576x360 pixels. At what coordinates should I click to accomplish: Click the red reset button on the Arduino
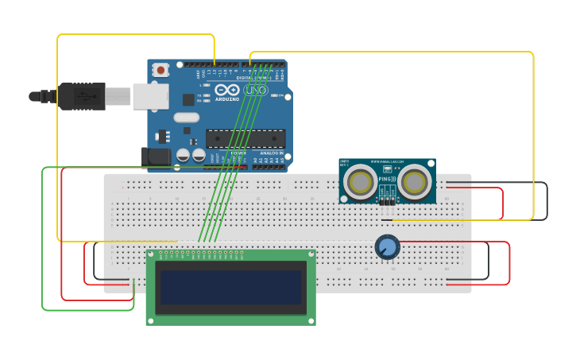coord(161,70)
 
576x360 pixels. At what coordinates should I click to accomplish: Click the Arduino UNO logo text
coord(242,91)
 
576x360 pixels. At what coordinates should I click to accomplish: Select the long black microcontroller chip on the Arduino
coord(245,138)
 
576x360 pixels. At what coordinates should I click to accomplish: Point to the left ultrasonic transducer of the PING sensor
coord(360,182)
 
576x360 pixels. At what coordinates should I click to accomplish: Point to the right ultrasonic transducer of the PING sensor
coord(414,182)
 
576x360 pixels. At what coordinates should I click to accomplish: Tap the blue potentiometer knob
coord(387,247)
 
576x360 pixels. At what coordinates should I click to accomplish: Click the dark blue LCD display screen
coord(230,288)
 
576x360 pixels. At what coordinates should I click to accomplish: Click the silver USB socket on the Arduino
coord(150,96)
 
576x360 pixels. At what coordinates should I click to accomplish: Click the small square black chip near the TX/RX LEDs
coord(188,99)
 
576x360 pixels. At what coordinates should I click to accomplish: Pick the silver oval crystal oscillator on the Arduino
coord(187,118)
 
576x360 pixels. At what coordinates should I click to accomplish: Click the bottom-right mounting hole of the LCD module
coord(311,320)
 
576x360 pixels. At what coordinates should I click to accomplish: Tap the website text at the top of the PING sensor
coord(387,161)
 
